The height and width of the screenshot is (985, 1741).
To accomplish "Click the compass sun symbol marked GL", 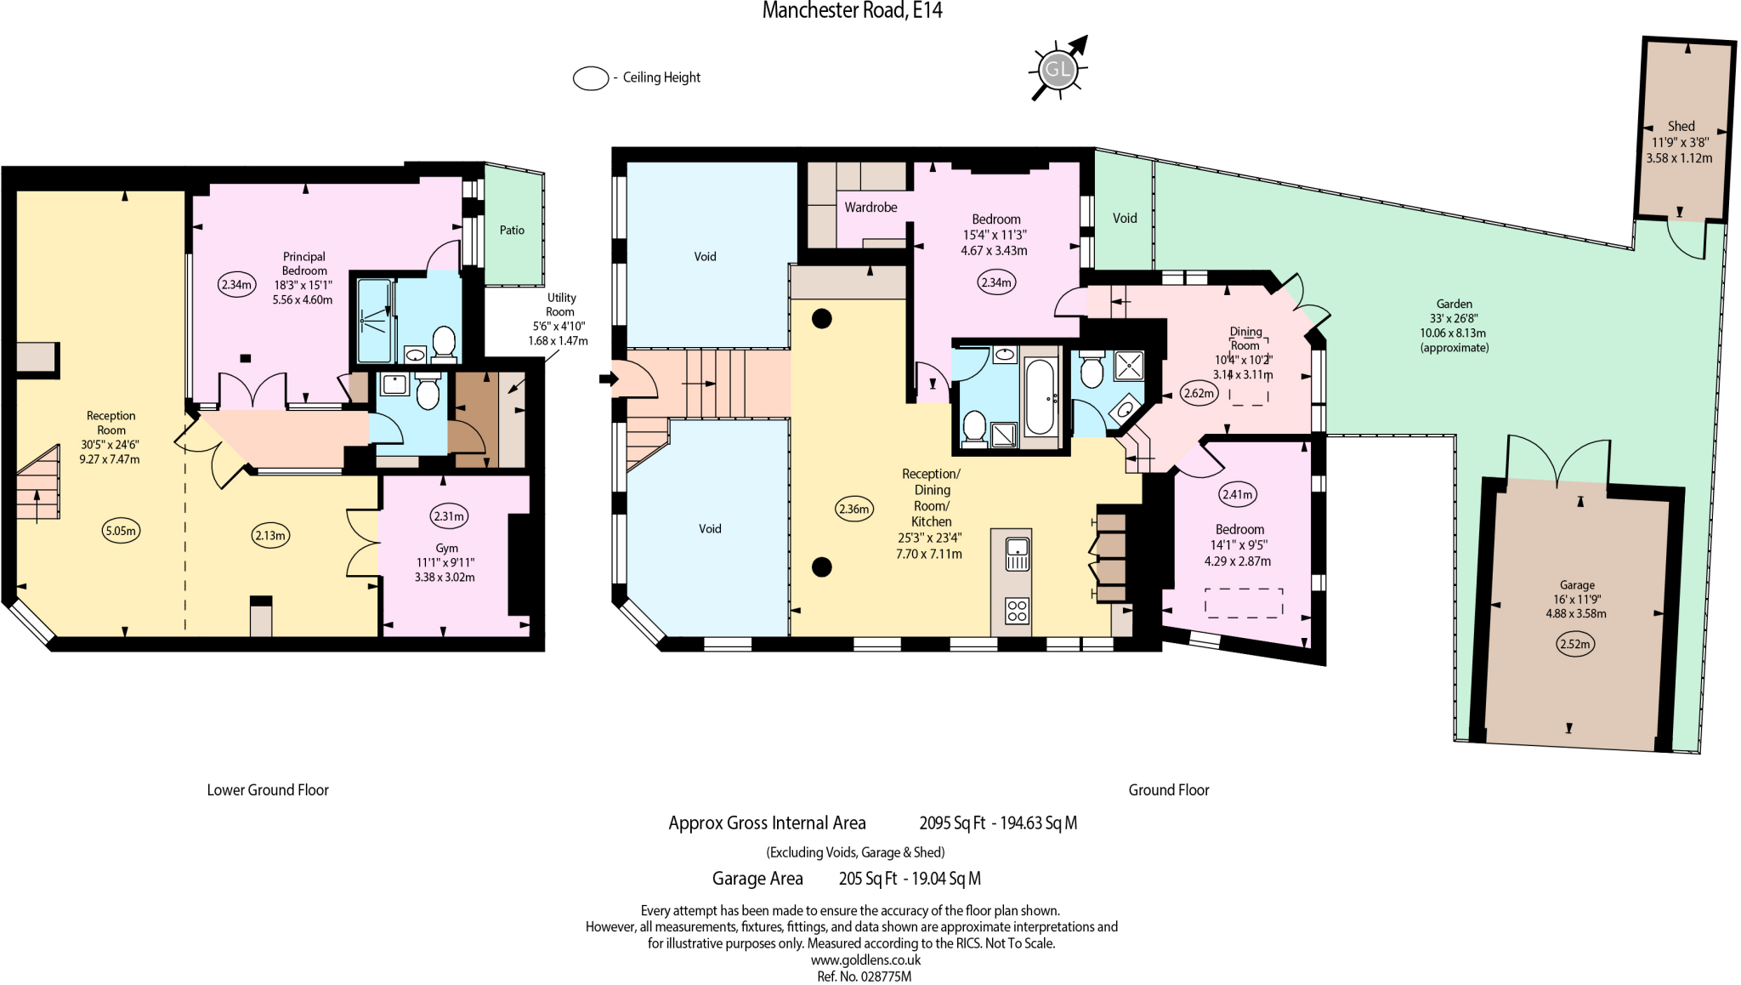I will [x=1058, y=69].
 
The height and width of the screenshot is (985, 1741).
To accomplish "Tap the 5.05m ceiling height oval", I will [x=121, y=531].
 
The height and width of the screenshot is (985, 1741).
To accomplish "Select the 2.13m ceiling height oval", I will [x=270, y=535].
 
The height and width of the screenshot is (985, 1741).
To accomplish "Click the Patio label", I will [x=512, y=231].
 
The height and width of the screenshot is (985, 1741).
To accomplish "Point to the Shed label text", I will [x=1681, y=126].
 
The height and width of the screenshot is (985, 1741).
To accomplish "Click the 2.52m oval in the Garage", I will [x=1574, y=644].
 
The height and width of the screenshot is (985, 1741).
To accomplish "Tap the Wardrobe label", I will [x=870, y=208].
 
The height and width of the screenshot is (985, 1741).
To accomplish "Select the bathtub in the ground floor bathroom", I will [x=1041, y=396].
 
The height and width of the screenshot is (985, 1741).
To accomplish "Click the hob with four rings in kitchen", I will [x=1017, y=611].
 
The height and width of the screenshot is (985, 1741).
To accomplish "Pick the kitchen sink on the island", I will [x=1018, y=554].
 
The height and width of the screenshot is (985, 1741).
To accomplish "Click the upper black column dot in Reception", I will [x=821, y=319].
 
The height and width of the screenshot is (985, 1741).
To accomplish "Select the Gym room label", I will [x=446, y=549].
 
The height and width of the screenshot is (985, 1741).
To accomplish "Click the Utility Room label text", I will [x=561, y=305].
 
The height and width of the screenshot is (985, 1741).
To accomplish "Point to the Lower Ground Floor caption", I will [x=268, y=790].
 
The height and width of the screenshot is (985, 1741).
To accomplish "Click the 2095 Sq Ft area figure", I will [x=952, y=823].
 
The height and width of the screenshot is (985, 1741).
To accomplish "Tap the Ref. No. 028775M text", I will [x=864, y=976].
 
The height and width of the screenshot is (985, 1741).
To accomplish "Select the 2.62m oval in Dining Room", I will [x=1199, y=394].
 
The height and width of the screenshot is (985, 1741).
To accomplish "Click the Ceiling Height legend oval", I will [x=591, y=78].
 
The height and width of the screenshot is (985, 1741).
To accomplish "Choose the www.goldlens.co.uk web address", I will [x=865, y=960].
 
